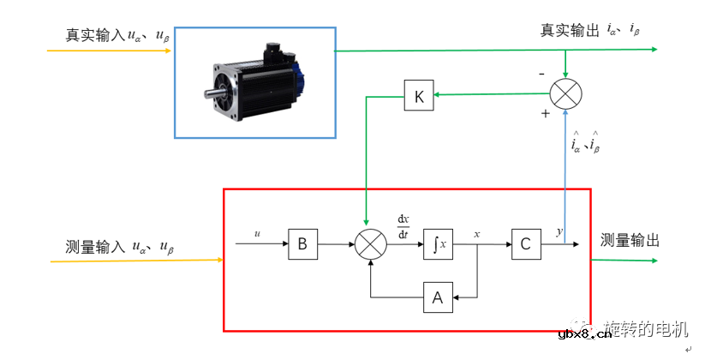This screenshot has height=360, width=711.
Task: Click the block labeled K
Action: click(419, 96)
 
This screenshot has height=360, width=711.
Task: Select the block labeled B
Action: click(302, 244)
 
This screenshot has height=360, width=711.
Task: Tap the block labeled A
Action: click(438, 297)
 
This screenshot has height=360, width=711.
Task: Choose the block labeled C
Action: click(525, 244)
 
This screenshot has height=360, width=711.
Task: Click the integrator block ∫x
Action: click(438, 244)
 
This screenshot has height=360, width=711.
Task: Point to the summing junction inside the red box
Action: click(370, 245)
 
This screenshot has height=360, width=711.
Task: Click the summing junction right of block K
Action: click(565, 93)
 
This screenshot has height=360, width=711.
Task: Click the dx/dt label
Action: click(404, 225)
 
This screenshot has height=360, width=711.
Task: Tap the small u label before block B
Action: click(257, 233)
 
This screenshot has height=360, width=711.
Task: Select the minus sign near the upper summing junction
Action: click(541, 74)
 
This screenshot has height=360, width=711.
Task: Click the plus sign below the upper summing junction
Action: click(545, 113)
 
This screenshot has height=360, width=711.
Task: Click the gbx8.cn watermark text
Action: click(585, 334)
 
